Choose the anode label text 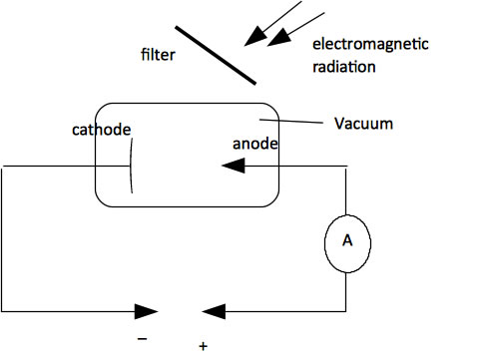[x=254, y=144]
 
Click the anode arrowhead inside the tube [x=234, y=168]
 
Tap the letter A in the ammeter [x=345, y=240]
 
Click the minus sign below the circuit [x=143, y=338]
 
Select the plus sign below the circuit [x=203, y=346]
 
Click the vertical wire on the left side [x=3, y=239]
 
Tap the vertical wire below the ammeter [x=345, y=289]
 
